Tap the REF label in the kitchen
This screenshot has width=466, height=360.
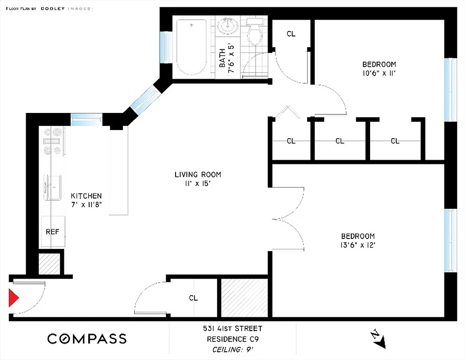pyautogui.click(x=53, y=232)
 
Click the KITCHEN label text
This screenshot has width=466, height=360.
pyautogui.click(x=86, y=196)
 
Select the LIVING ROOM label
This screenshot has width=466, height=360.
pyautogui.click(x=198, y=175)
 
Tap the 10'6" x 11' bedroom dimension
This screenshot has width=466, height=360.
pyautogui.click(x=379, y=73)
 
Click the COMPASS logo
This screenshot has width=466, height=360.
pyautogui.click(x=87, y=339)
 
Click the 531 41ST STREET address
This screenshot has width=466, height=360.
pyautogui.click(x=232, y=329)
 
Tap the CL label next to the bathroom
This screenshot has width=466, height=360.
pyautogui.click(x=291, y=34)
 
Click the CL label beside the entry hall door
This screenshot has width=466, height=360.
pyautogui.click(x=193, y=298)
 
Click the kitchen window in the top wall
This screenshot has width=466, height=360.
pyautogui.click(x=86, y=119)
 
